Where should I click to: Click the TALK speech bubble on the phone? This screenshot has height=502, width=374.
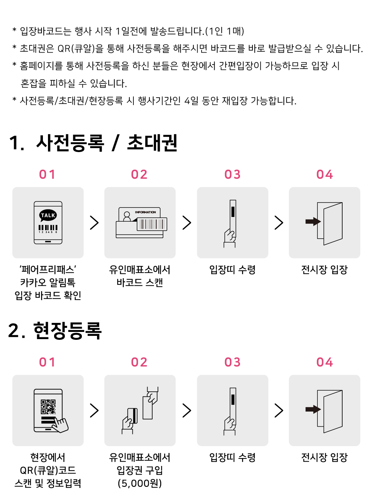click(x=48, y=215)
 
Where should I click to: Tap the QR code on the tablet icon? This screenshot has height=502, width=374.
click(x=48, y=407)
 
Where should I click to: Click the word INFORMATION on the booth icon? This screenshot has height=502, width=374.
click(x=145, y=212)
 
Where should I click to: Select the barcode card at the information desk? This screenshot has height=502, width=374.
click(x=152, y=224)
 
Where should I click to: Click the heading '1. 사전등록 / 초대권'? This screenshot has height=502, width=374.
click(x=93, y=143)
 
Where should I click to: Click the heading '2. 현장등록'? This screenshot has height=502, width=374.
click(x=55, y=330)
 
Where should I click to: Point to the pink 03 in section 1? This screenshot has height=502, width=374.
click(x=232, y=174)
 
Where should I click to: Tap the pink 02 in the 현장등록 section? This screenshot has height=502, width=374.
click(x=139, y=362)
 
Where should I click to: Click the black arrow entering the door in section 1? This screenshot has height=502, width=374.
click(x=313, y=221)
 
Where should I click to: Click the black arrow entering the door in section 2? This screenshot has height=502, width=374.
click(x=313, y=409)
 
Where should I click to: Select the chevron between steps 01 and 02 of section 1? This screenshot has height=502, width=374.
click(x=94, y=223)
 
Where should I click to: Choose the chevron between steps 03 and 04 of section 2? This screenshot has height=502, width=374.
click(x=279, y=410)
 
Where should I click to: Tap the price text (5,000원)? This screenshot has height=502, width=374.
click(x=140, y=484)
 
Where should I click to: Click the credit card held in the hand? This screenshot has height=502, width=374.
click(x=132, y=416)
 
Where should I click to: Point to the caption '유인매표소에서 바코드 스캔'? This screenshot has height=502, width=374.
click(x=140, y=276)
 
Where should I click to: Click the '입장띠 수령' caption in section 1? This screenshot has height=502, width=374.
click(x=232, y=270)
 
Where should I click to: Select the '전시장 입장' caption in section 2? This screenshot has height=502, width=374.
click(x=324, y=457)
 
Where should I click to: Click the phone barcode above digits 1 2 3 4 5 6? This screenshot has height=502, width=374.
click(x=48, y=227)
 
